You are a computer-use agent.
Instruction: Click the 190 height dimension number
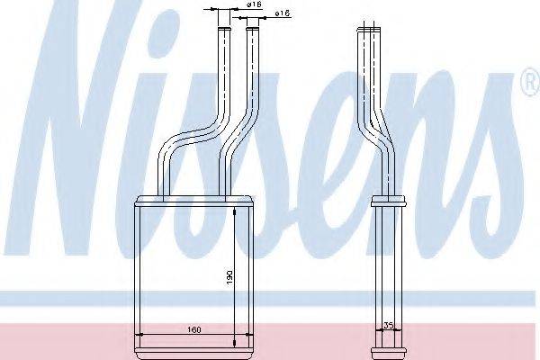pos(229,277)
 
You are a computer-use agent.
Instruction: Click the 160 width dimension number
pos(193,329)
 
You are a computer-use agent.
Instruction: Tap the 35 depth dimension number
pos(389,325)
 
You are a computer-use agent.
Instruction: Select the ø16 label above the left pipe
pos(255,4)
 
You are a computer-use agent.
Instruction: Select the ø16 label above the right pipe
pos(282,13)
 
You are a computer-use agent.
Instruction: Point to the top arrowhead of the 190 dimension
pos(235,211)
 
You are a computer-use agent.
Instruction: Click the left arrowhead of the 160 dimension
pos(139,334)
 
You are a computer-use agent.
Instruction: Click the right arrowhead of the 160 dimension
pos(248,334)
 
